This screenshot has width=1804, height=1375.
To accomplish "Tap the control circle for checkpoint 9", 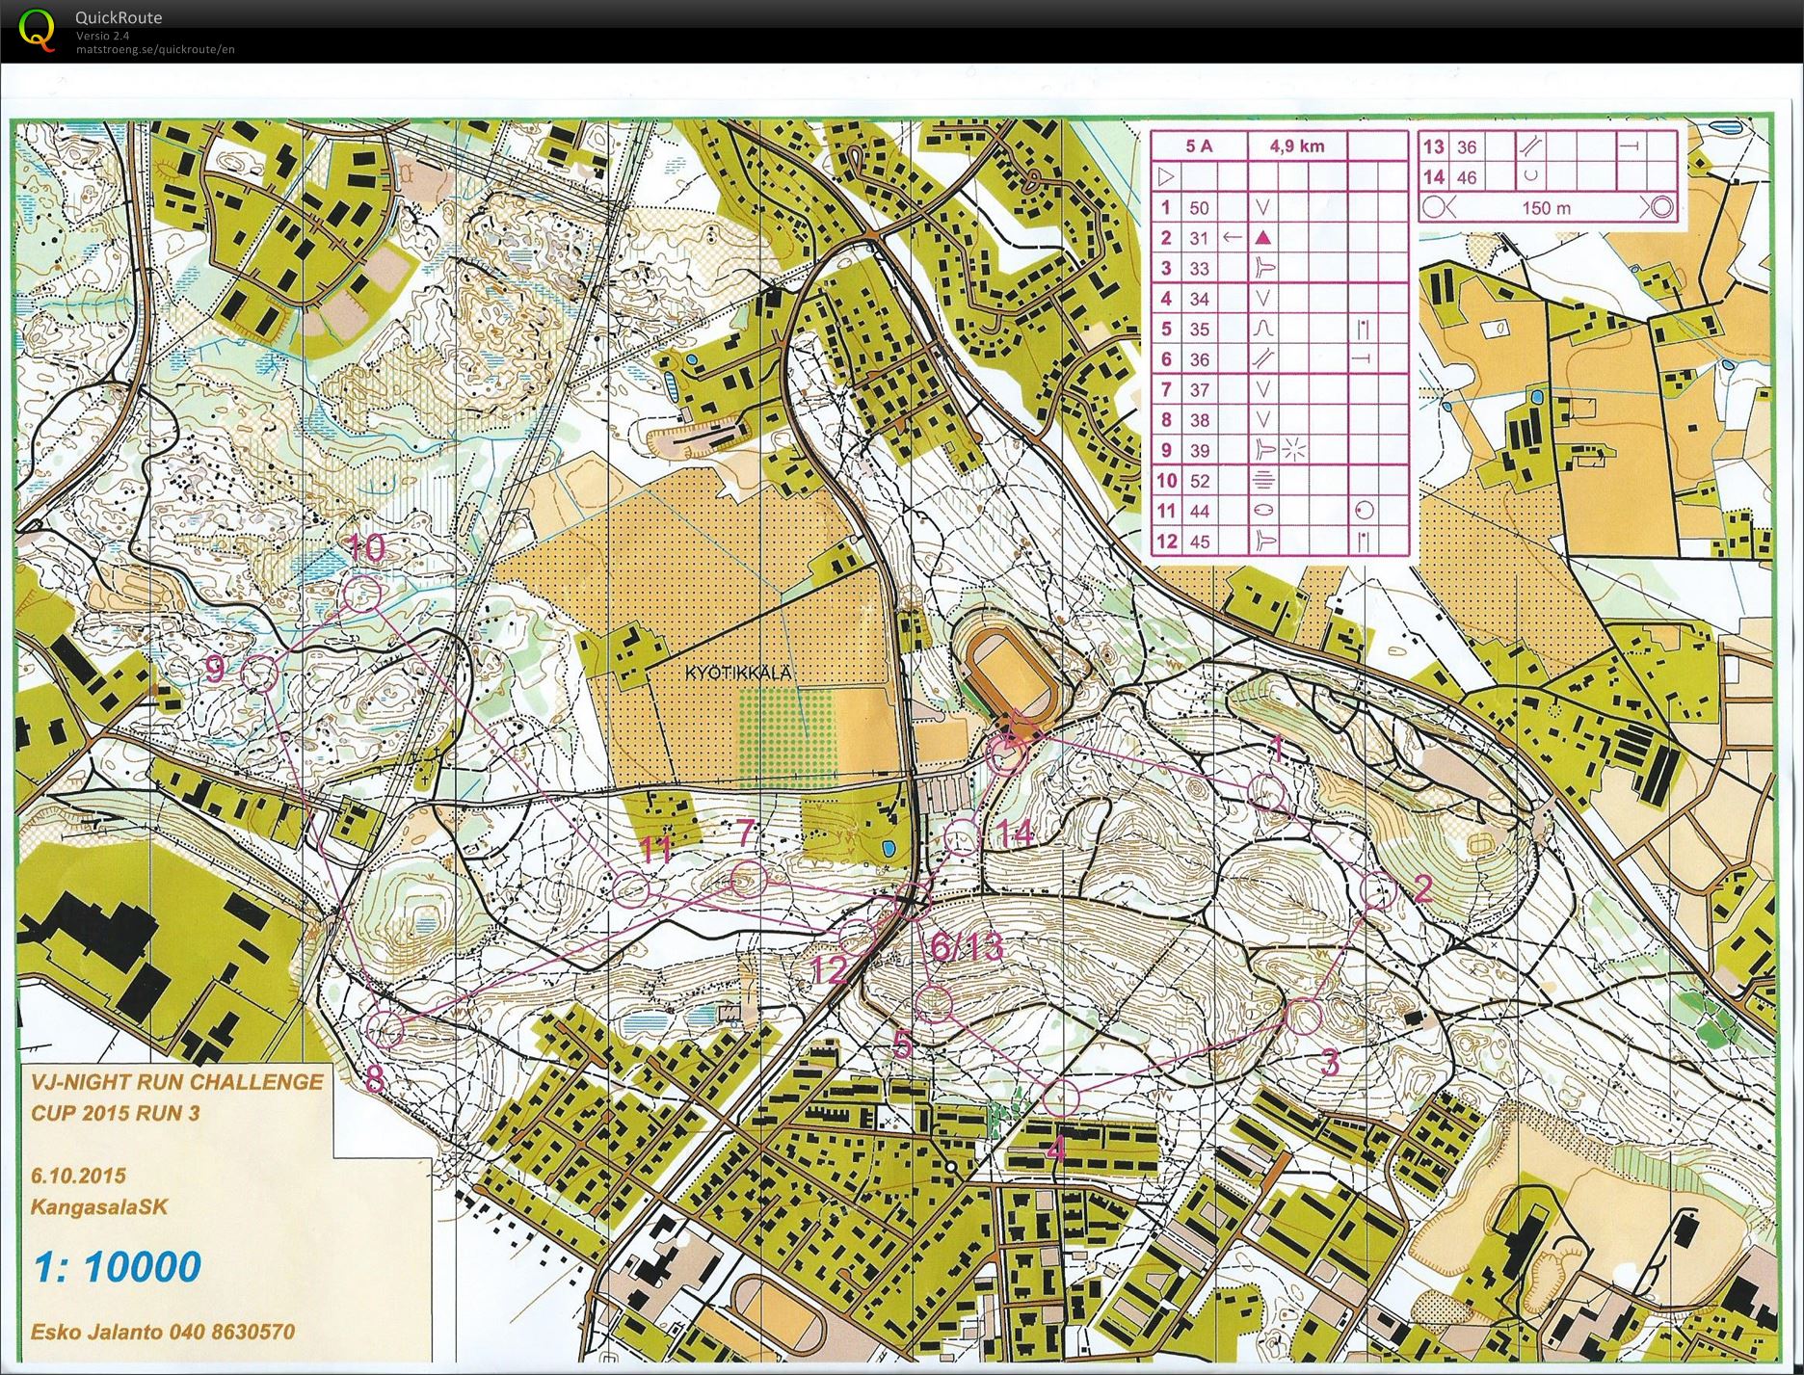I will (x=258, y=673).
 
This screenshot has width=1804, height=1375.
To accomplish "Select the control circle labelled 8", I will (x=385, y=1030).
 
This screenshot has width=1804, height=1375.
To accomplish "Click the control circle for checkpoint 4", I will (x=1060, y=1097).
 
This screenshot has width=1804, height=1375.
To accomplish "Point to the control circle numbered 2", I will (x=1378, y=891).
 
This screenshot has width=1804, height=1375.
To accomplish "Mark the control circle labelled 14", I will (x=962, y=837).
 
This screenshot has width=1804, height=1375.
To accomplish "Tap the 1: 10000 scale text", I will (x=117, y=1266).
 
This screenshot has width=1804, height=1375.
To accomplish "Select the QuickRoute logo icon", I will (x=37, y=30).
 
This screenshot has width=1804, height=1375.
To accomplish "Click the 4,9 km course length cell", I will (x=1296, y=146).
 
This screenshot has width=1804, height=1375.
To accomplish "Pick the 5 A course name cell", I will (x=1199, y=146).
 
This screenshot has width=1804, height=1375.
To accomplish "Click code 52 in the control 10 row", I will (x=1199, y=481).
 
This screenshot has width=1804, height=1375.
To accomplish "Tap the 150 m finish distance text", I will (x=1546, y=207).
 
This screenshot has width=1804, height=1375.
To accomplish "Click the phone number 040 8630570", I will (x=231, y=1333).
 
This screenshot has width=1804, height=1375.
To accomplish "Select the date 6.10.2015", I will (x=78, y=1176).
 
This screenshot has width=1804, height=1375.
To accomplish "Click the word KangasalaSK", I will (x=99, y=1206).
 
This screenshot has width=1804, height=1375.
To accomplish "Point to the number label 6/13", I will (x=967, y=947).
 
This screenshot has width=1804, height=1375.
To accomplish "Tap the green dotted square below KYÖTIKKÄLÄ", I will (x=785, y=730).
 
